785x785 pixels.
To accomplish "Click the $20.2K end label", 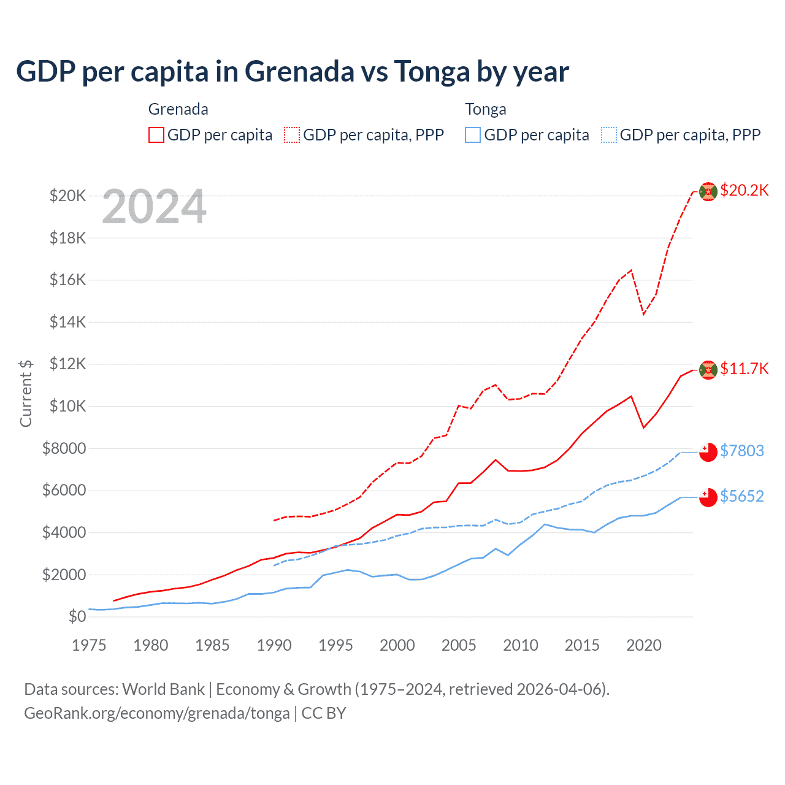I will (744, 190).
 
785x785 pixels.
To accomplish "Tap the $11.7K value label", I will (744, 369).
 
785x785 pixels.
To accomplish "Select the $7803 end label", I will (741, 451).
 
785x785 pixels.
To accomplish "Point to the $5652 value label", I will (741, 496).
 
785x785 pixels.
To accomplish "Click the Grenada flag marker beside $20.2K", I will (708, 191).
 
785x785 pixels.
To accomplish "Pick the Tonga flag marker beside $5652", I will (708, 497).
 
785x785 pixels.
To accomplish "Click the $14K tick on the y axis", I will (68, 322).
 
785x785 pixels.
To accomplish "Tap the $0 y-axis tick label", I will (77, 616).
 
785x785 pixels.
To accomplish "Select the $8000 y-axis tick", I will (64, 448).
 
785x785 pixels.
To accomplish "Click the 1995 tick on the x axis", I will (335, 645).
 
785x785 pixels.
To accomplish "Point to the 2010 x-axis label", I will (521, 645).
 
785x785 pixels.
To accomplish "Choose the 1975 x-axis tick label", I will (89, 645).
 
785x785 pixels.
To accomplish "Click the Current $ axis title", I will (26, 393).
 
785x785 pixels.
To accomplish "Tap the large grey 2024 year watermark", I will (155, 207).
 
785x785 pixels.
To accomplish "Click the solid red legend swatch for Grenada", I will (156, 135).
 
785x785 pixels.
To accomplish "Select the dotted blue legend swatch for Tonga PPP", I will (609, 135).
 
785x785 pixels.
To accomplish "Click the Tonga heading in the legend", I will (486, 109).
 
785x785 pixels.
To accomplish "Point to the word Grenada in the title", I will (300, 71).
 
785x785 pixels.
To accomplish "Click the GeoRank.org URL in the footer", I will (157, 713).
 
